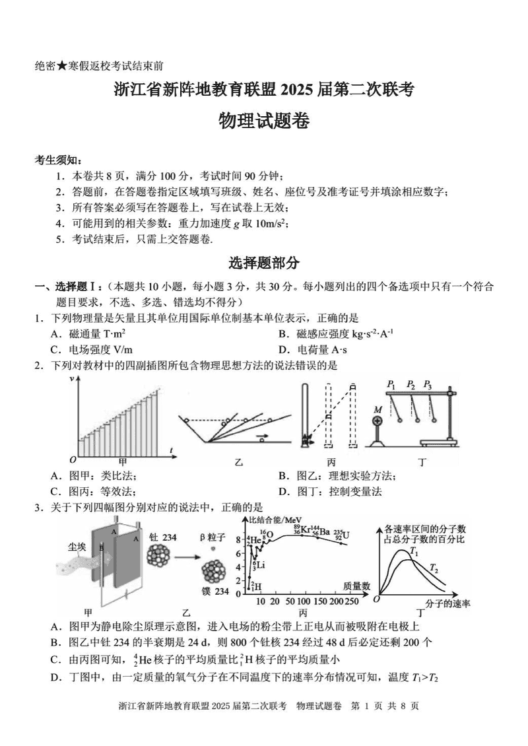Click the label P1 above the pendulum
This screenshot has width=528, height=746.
click(x=391, y=384)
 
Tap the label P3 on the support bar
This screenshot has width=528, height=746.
click(x=428, y=384)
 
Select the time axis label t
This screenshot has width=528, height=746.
click(x=171, y=450)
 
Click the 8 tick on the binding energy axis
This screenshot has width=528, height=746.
click(x=240, y=539)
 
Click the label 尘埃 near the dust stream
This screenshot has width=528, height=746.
click(x=77, y=547)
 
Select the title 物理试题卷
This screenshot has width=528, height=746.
click(x=264, y=121)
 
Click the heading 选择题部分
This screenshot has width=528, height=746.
click(x=264, y=263)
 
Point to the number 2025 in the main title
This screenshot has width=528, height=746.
click(x=300, y=90)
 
